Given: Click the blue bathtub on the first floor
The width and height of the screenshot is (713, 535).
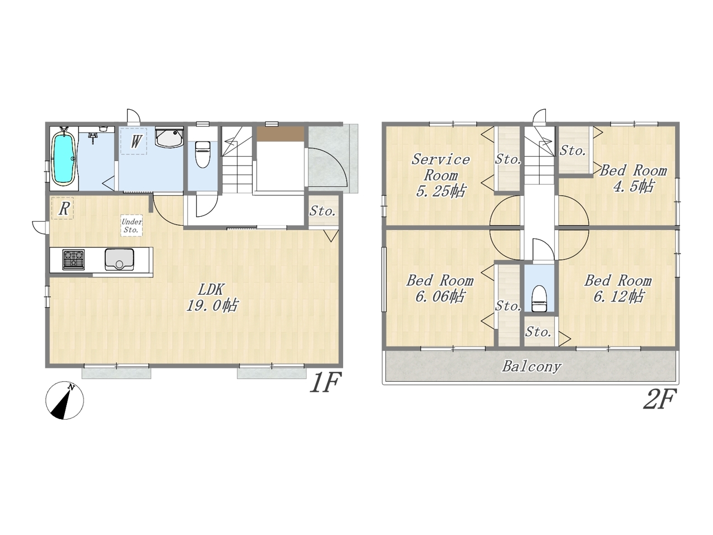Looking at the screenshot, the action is (x=64, y=158).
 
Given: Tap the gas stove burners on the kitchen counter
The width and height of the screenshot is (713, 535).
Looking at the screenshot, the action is (x=74, y=260).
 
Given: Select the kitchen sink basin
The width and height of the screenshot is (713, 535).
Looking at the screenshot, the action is (x=119, y=259).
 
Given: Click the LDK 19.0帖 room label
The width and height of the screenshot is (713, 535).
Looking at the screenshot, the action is (x=212, y=297).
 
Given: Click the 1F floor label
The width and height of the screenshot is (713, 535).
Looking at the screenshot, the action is (x=325, y=382).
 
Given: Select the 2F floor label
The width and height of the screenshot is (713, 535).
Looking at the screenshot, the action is (x=660, y=398).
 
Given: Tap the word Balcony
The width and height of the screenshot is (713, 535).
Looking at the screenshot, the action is (x=531, y=366).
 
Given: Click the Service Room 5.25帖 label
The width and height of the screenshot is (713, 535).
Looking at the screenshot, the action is (x=441, y=176).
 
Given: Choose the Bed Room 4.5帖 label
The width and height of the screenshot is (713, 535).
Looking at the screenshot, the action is (x=633, y=178).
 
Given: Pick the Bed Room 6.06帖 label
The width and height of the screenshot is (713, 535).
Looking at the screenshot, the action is (x=440, y=289).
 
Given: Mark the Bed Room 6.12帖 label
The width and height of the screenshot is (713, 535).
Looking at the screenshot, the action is (x=618, y=289).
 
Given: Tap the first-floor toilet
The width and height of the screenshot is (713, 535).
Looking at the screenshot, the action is (x=203, y=154).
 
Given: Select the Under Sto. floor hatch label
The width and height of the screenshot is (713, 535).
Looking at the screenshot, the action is (x=131, y=226).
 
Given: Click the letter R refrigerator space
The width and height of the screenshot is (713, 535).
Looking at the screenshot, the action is (x=64, y=208).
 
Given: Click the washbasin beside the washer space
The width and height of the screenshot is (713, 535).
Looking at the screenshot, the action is (x=169, y=137).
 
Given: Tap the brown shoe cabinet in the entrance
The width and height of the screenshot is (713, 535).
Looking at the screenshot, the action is (x=280, y=134).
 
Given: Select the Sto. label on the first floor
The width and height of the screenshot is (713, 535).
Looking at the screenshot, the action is (x=322, y=211).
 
